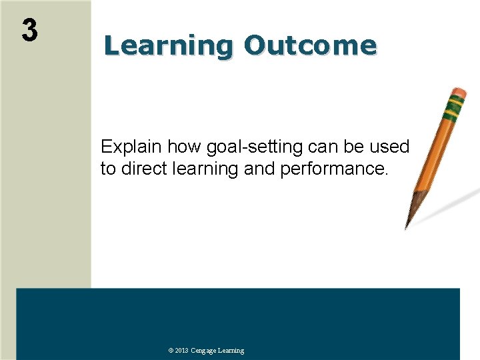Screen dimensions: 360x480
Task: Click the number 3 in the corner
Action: pyautogui.click(x=29, y=31)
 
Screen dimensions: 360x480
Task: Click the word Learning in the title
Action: pyautogui.click(x=167, y=45)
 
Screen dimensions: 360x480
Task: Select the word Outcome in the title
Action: pyautogui.click(x=310, y=45)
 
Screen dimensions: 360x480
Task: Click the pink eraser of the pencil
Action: pyautogui.click(x=459, y=92)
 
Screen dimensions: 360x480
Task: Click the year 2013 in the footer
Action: pyautogui.click(x=182, y=351)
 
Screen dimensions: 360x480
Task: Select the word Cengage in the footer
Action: pyautogui.click(x=203, y=351)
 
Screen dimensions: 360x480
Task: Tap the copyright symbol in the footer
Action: pyautogui.click(x=171, y=351)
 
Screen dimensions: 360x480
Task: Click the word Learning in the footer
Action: pyautogui.click(x=231, y=351)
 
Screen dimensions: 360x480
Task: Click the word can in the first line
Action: pyautogui.click(x=325, y=147)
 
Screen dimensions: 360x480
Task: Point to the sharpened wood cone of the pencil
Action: pyautogui.click(x=416, y=203)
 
